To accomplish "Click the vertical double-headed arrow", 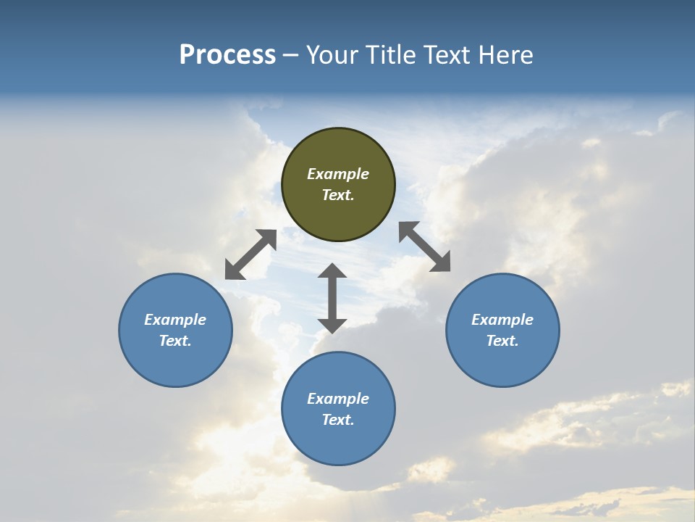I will pyautogui.click(x=332, y=298).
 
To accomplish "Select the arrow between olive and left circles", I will pyautogui.click(x=250, y=254).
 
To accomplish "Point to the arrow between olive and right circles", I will pyautogui.click(x=424, y=246).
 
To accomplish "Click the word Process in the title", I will pyautogui.click(x=227, y=55).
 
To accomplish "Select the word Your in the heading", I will pyautogui.click(x=330, y=55).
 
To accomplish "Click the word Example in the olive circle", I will pyautogui.click(x=338, y=174).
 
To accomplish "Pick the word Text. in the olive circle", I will pyautogui.click(x=338, y=195).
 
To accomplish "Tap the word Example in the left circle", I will pyautogui.click(x=175, y=320).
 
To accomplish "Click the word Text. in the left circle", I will pyautogui.click(x=175, y=341).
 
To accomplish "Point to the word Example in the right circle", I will pyautogui.click(x=502, y=320).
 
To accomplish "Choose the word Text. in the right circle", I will pyautogui.click(x=502, y=341).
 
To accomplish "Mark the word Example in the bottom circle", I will pyautogui.click(x=338, y=399).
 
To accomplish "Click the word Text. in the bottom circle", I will pyautogui.click(x=338, y=420).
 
